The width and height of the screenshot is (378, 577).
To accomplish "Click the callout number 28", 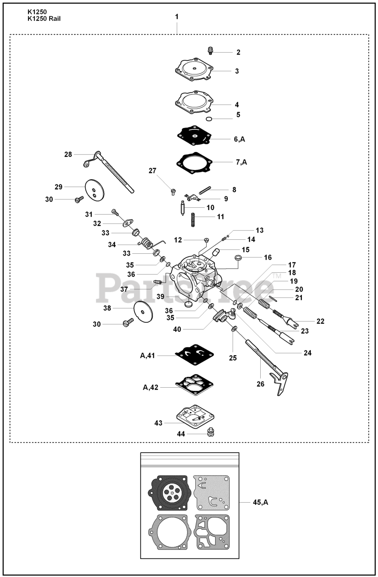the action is pos(68,154).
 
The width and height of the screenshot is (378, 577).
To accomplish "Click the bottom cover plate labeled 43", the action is pos(195,417).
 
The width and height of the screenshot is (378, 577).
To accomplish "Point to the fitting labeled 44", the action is pos(209,433).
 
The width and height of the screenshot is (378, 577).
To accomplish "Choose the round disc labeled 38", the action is pos(144,310).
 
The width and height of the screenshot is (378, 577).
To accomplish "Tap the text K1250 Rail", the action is pos(45,18).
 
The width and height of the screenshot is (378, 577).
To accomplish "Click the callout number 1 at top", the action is pos(177,16).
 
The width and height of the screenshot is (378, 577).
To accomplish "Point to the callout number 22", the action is pos(320,321).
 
